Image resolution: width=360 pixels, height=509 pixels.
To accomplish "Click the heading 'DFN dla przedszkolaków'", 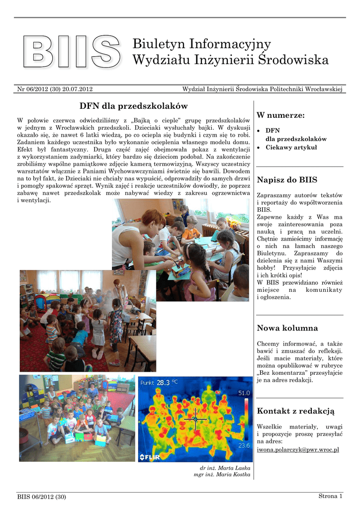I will pos(133,106).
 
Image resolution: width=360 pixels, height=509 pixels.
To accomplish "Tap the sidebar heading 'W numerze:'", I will pos(280,115).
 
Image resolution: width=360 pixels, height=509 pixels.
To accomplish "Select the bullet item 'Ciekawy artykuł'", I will pos(291,148).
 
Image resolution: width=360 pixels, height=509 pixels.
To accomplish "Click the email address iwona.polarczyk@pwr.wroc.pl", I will pos(298,449).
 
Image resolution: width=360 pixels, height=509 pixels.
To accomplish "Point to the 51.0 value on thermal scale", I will pos(244,393).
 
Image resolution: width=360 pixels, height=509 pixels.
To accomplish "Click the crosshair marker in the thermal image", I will pos(195,419).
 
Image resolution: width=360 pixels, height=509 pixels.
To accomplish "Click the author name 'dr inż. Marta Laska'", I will pos(225,468).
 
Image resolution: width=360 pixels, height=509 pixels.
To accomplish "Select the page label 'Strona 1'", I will pos(330,496).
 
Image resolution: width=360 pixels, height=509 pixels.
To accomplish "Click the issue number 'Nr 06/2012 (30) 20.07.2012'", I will pos(55,89).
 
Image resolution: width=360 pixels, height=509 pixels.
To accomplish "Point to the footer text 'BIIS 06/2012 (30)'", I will pos(41,497).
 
